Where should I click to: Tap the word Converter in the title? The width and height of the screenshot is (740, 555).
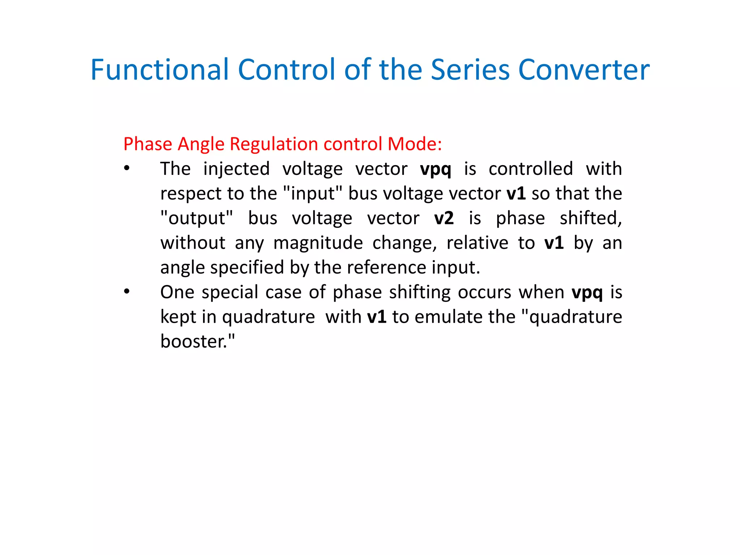pyautogui.click(x=584, y=69)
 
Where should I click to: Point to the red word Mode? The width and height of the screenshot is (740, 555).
pyautogui.click(x=415, y=144)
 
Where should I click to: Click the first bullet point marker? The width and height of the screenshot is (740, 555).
pyautogui.click(x=126, y=168)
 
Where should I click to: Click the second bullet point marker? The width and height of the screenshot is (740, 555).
pyautogui.click(x=126, y=292)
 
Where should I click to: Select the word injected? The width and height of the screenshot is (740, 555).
pyautogui.click(x=236, y=169)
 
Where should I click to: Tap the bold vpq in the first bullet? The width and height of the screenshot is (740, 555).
pyautogui.click(x=435, y=169)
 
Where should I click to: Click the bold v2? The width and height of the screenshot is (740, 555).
pyautogui.click(x=444, y=218)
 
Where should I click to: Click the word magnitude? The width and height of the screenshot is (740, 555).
pyautogui.click(x=318, y=243)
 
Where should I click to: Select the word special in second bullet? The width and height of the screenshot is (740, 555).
pyautogui.click(x=230, y=292)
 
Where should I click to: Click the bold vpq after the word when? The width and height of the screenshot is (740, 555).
pyautogui.click(x=587, y=292)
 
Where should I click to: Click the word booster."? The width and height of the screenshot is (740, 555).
pyautogui.click(x=197, y=341)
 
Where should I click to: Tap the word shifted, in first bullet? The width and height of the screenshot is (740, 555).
pyautogui.click(x=590, y=218)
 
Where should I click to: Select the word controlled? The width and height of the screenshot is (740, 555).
pyautogui.click(x=530, y=169)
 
